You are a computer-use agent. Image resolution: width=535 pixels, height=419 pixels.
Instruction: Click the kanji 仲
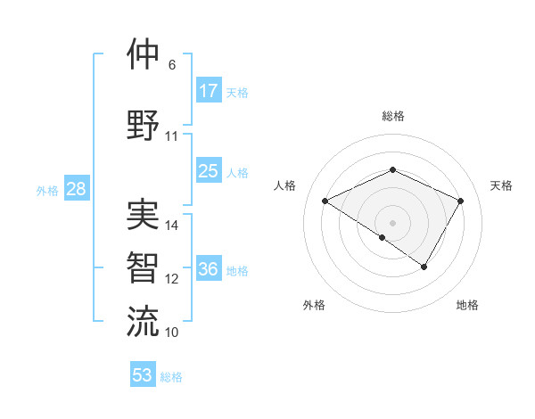[x=143, y=54]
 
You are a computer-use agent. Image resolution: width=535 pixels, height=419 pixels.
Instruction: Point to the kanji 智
[x=143, y=267]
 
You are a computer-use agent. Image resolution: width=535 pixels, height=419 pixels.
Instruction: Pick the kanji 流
[x=143, y=321]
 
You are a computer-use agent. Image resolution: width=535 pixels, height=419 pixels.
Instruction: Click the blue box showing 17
[x=209, y=90]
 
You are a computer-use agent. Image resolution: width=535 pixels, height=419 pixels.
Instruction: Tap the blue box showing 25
[x=209, y=171]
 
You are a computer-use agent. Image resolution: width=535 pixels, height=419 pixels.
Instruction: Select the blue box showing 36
[x=209, y=269]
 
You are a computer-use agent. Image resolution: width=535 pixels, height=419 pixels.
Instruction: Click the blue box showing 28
[x=76, y=189]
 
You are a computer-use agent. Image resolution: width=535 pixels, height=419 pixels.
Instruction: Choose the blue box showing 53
[x=143, y=374]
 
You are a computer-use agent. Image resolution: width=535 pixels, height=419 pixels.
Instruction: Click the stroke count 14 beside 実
[x=172, y=226]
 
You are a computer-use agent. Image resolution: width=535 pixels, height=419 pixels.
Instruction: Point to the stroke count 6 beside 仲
[x=171, y=65]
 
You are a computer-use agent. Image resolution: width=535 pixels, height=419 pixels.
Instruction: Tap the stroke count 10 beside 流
[x=172, y=333]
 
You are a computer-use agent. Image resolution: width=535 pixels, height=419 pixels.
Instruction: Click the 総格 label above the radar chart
[x=392, y=117]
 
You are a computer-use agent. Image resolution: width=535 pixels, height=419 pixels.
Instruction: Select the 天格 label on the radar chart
[x=501, y=185]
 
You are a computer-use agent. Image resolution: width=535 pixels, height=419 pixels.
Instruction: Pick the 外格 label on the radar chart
[x=314, y=305]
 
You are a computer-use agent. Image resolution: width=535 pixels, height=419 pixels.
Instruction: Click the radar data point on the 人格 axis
[x=325, y=201]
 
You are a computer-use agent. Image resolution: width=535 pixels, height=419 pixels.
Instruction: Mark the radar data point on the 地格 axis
[x=424, y=267]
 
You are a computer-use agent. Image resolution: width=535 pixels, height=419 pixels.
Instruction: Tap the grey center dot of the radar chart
[x=392, y=222]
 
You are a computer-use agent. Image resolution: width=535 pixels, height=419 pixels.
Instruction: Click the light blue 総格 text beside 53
[x=171, y=377]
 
